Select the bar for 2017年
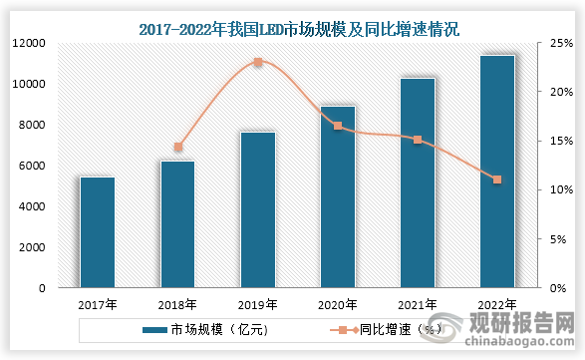point(98,232)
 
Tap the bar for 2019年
point(257,209)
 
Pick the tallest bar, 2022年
point(497,172)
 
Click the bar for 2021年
point(418,182)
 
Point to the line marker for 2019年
point(258,62)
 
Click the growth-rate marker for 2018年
point(178,148)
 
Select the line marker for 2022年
point(497,180)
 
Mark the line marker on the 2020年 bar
point(338,126)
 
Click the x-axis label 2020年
point(338,304)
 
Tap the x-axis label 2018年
point(178,304)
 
